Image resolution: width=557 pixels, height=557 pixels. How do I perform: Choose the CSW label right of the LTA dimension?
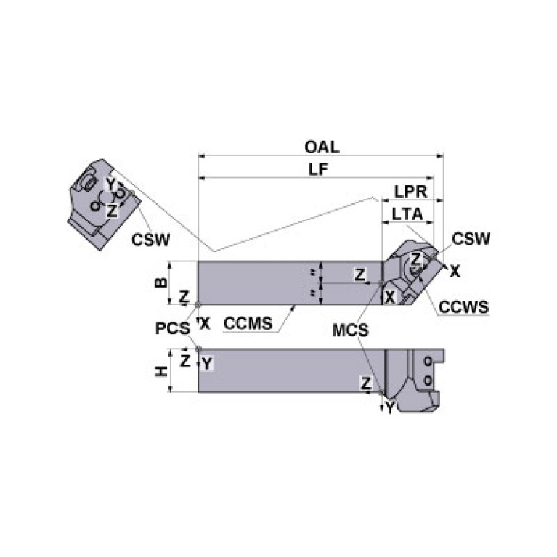tap(471, 239)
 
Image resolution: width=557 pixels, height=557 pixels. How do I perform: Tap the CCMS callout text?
tap(249, 323)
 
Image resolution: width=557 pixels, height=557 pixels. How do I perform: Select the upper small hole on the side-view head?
tap(428, 361)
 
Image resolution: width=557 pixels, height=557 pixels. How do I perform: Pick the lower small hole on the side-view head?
tap(428, 379)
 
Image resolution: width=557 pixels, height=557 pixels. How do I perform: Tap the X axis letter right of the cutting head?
tap(455, 272)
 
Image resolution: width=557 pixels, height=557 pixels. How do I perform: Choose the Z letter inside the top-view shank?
tap(359, 274)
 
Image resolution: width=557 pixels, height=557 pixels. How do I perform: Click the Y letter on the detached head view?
tap(110, 182)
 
